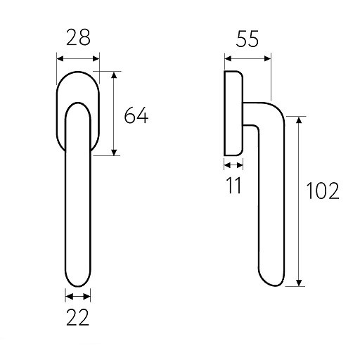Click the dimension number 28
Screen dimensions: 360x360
78,37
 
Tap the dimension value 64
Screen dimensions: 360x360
136,115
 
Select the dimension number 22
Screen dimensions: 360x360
78,317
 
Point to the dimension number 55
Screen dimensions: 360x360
247,39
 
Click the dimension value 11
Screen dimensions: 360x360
234,185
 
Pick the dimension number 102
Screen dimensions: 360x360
323,191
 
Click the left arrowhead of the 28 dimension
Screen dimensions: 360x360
60,58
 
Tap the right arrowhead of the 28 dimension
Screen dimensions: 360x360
96,58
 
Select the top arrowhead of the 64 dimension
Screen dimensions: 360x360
114,75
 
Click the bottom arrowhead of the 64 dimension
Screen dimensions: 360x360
114,153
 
